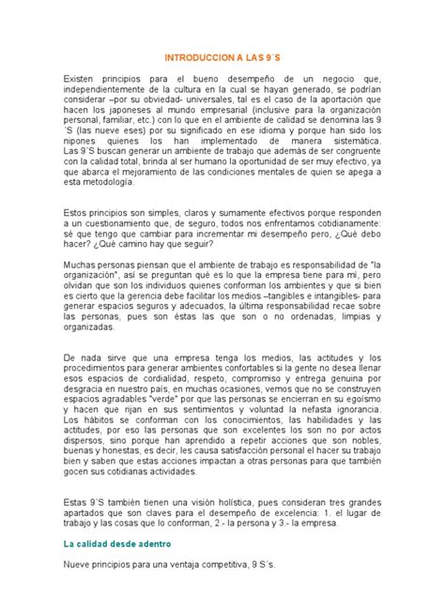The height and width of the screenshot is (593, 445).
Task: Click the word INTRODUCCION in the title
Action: coord(200,57)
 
